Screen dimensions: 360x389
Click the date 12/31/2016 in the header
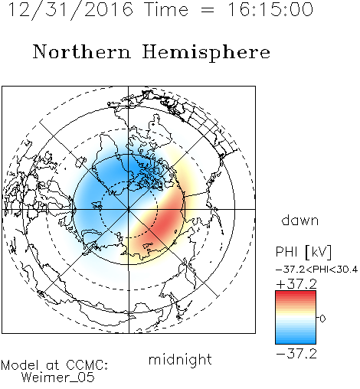click(70, 10)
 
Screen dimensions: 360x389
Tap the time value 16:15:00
click(270, 9)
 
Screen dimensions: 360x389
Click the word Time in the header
click(166, 9)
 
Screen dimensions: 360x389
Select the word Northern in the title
click(82, 51)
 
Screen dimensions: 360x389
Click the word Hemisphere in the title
click(206, 53)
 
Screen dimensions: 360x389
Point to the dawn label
click(300, 220)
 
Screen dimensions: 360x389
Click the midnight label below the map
click(180, 359)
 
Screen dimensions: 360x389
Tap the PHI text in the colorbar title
click(286, 252)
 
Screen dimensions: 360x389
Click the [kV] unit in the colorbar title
click(318, 252)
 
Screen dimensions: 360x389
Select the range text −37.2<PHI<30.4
click(316, 270)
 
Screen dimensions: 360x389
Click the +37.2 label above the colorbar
click(296, 284)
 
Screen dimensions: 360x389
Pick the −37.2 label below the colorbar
click(296, 354)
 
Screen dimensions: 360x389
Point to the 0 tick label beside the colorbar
click(322, 319)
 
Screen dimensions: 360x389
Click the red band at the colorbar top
click(296, 294)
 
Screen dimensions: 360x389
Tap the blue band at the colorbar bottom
click(296, 341)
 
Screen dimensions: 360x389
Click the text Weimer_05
click(58, 378)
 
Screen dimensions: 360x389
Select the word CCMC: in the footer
click(87, 365)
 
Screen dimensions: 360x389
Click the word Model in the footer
click(21, 365)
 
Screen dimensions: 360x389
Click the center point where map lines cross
click(129, 209)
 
